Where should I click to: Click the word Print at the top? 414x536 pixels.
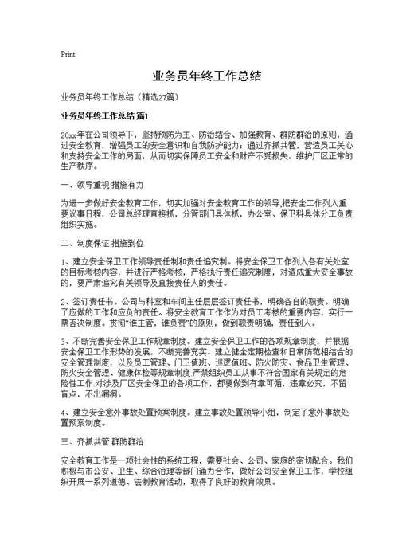(68, 55)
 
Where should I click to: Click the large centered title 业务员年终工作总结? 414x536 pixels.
(206, 77)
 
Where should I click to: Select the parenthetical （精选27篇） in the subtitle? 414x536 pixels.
(162, 97)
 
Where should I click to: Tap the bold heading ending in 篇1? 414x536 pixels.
(104, 116)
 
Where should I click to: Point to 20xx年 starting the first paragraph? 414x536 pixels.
(72, 136)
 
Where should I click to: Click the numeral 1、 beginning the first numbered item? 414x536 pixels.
(66, 261)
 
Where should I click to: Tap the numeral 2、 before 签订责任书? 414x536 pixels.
(66, 303)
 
